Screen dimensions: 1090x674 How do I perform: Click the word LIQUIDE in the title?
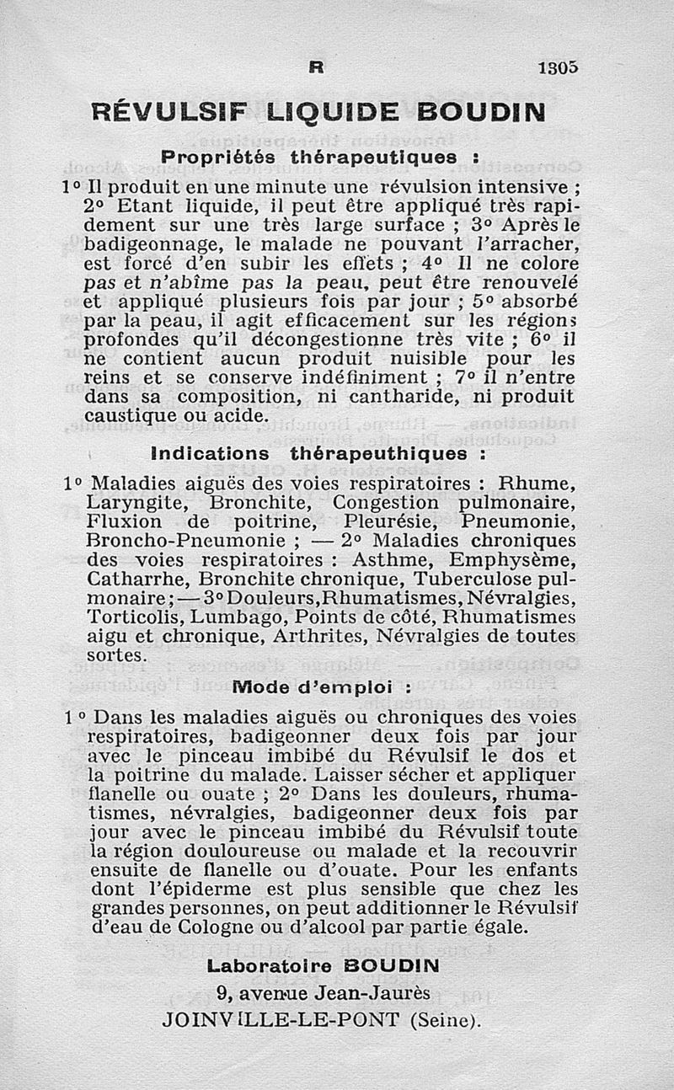339,111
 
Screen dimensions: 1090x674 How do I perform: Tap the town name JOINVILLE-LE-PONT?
281,1019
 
